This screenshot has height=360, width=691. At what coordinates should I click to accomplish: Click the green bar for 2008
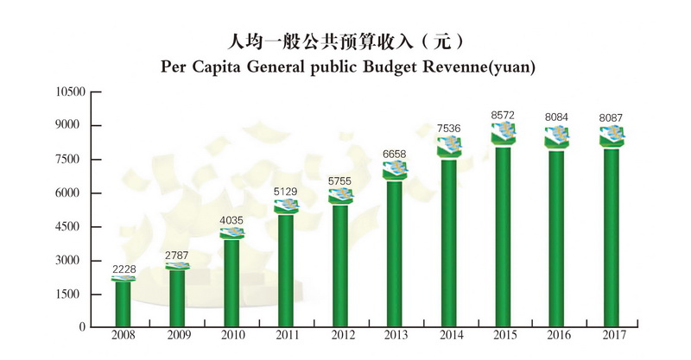click(x=124, y=304)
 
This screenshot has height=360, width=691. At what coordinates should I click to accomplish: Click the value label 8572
click(x=504, y=114)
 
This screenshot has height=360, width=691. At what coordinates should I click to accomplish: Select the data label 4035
click(x=231, y=220)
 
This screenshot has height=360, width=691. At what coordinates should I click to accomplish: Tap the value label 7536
click(x=449, y=129)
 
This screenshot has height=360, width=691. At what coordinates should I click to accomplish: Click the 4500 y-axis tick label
click(x=73, y=226)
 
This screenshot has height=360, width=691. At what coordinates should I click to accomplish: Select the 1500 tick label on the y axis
click(x=73, y=294)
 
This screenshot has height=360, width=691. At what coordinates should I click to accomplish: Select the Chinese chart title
click(x=345, y=41)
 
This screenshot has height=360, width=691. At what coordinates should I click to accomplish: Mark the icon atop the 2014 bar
click(x=449, y=146)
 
